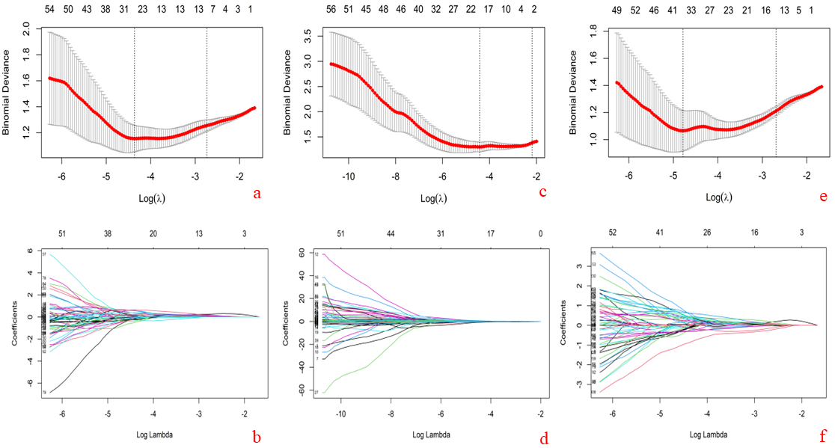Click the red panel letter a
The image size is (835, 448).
(257, 194)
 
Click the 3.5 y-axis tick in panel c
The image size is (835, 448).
(310, 33)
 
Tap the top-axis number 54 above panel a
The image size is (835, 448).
(49, 10)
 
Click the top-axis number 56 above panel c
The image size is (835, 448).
(331, 10)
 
